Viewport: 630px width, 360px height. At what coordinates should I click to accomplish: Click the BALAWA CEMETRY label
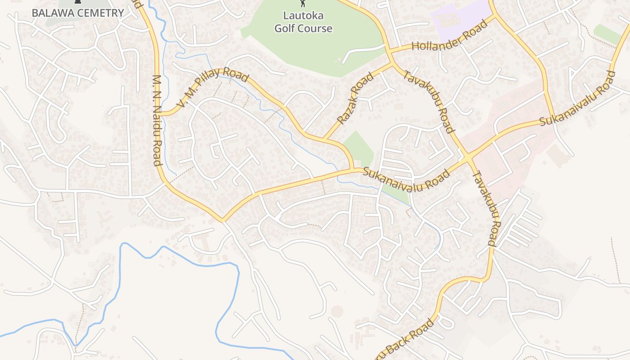pos(77,13)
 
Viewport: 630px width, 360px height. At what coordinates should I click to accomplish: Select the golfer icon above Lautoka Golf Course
pos(303,3)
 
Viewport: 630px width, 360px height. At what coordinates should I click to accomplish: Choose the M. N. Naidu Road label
pos(157,120)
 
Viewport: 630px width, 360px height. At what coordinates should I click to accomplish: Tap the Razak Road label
pos(355,99)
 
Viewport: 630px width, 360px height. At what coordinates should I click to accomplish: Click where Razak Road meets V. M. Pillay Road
pos(324,137)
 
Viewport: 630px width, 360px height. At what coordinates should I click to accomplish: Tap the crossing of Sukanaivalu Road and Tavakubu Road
pos(468,158)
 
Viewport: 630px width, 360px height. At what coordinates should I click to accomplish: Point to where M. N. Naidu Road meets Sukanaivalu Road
pos(222,220)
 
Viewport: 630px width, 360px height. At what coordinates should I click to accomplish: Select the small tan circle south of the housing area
pos(337,311)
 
